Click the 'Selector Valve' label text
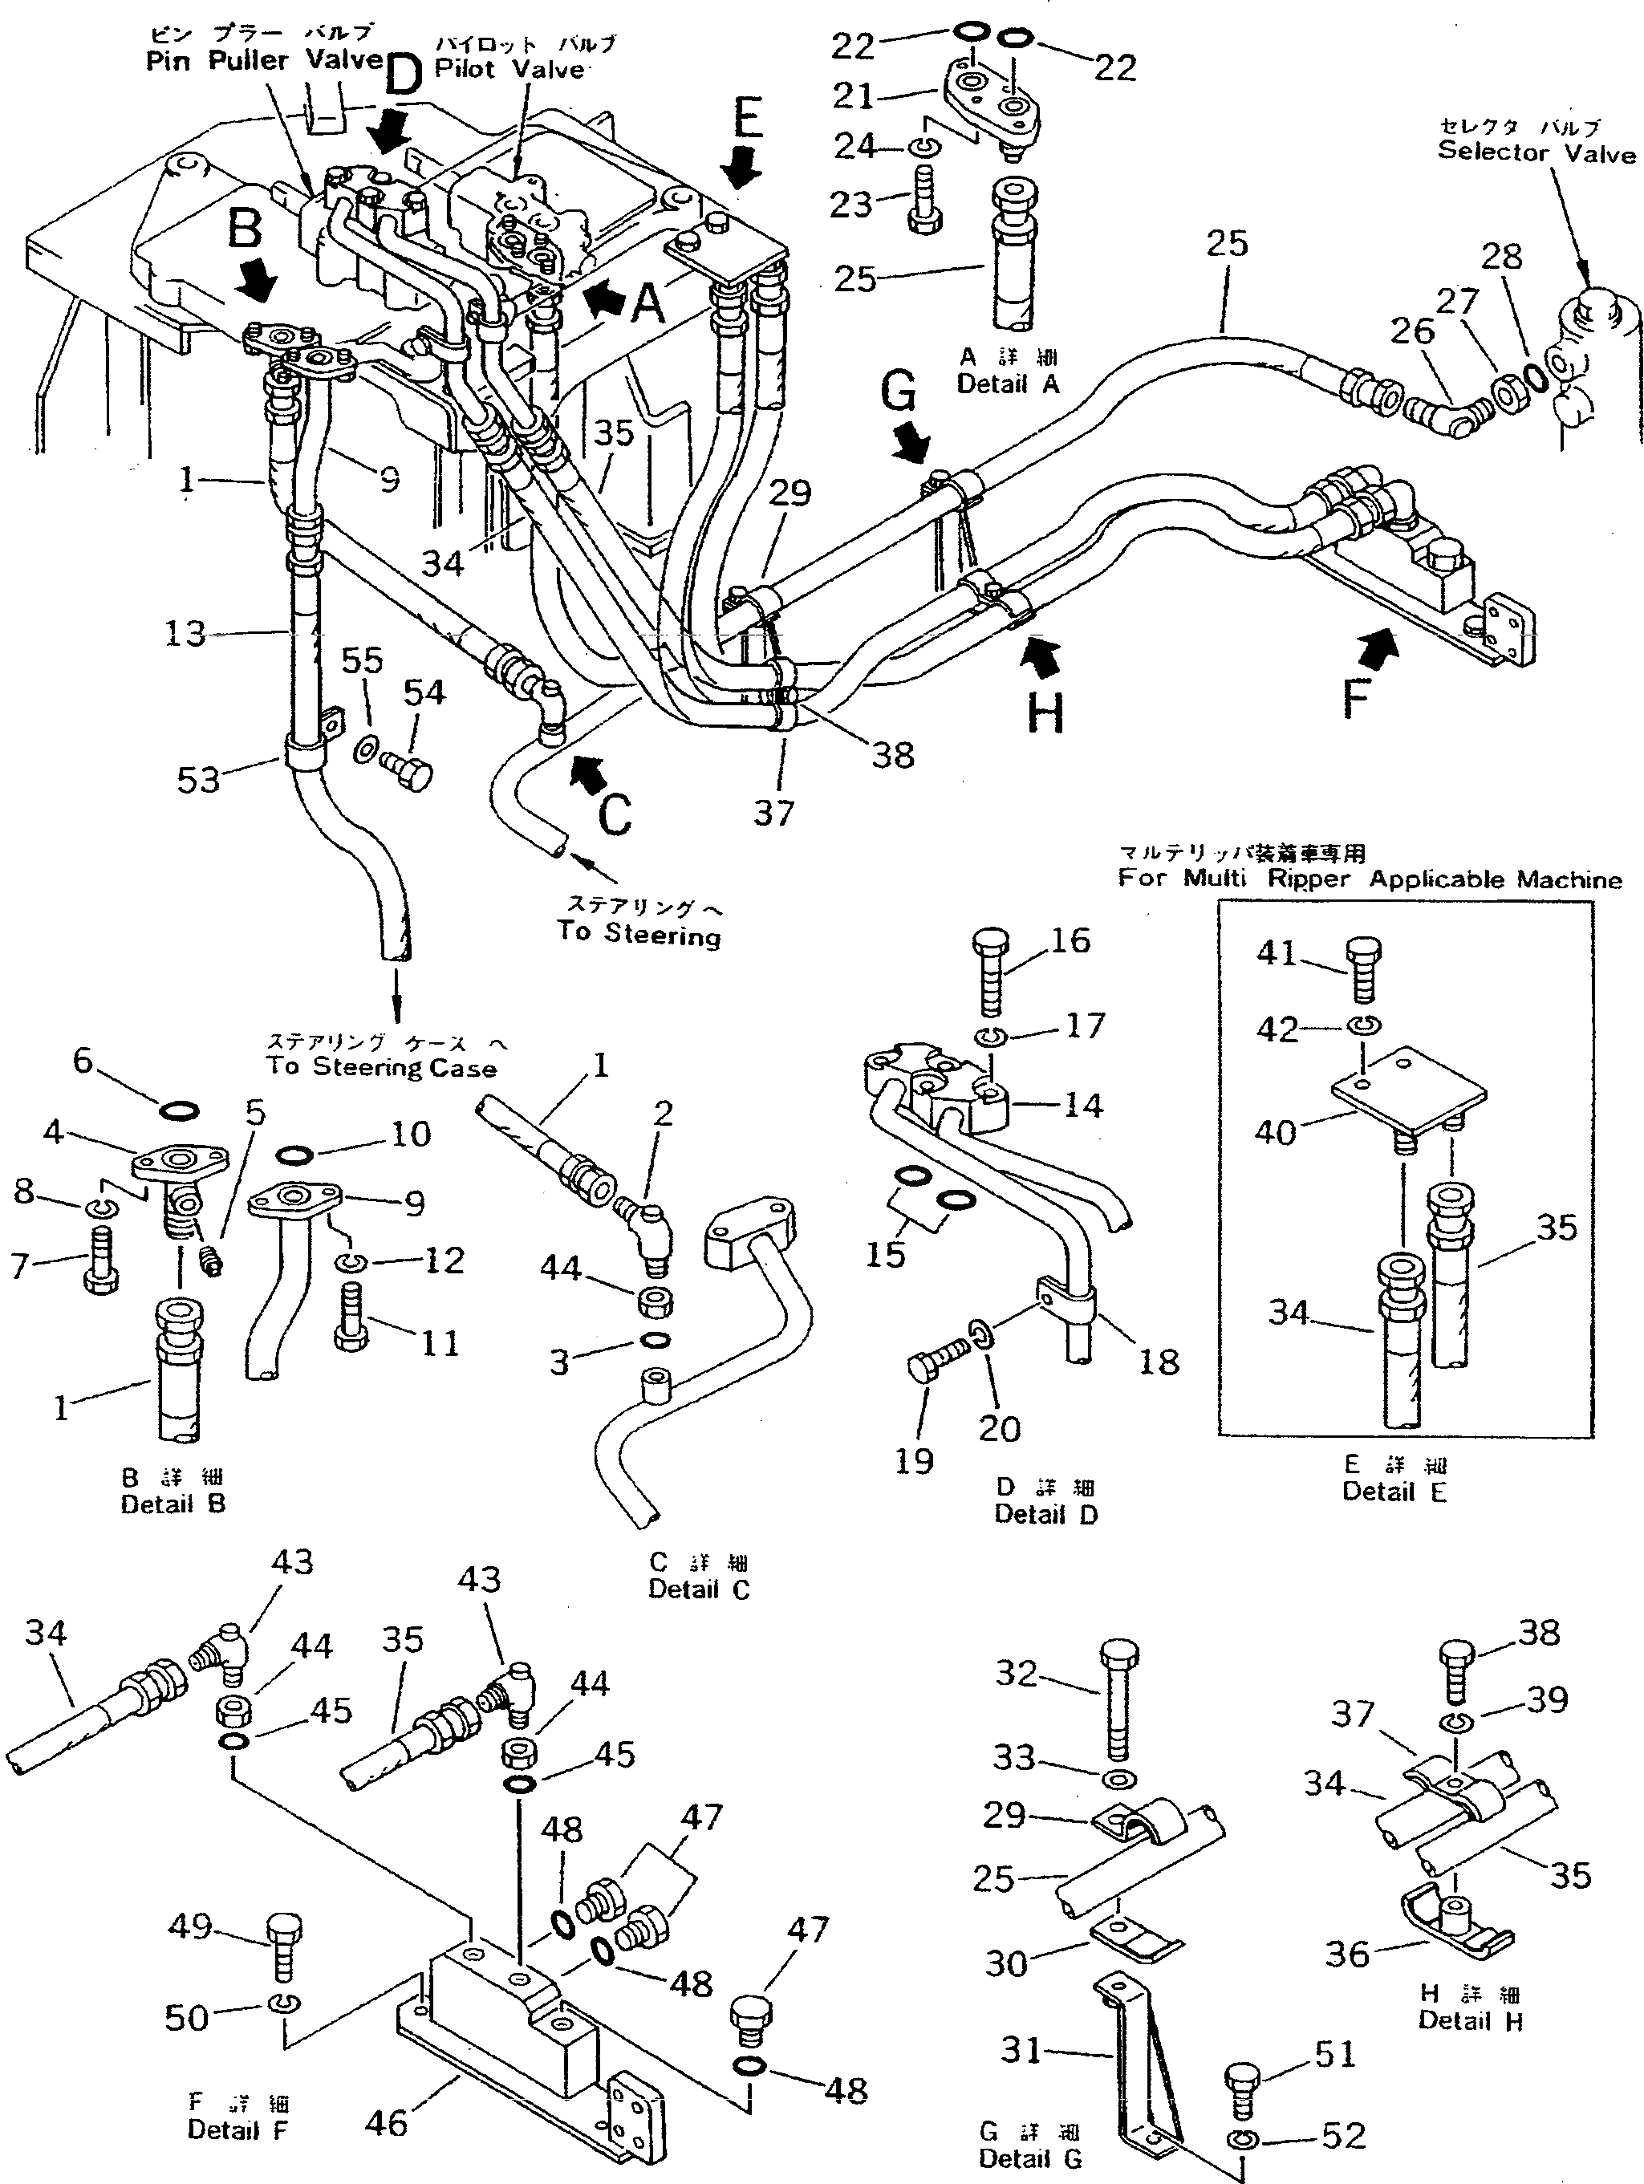pos(1536,152)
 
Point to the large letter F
pos(1358,698)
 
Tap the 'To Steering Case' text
pos(380,1067)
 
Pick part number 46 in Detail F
pos(386,2123)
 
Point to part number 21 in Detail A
pos(852,95)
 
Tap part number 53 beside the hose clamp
pos(197,779)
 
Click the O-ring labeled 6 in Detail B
pos(179,1112)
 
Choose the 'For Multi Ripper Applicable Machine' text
pos(1370,879)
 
